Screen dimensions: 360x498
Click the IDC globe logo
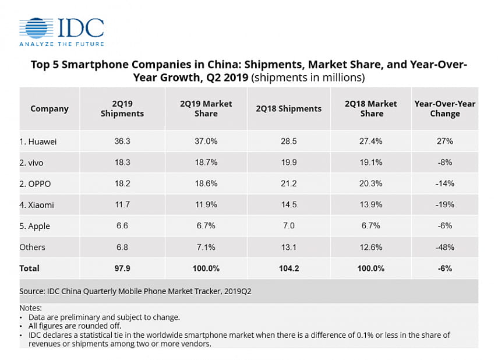[36, 28]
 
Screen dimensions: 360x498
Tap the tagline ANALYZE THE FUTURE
[62, 44]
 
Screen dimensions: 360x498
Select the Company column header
[50, 109]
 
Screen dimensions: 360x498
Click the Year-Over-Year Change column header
[444, 109]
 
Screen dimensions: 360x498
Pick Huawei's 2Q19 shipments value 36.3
[122, 142]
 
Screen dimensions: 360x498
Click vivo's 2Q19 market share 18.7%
[206, 163]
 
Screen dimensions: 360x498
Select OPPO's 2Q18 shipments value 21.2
[288, 183]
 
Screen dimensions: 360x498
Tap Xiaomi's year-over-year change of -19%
[444, 204]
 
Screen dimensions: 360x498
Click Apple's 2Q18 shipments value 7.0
[288, 226]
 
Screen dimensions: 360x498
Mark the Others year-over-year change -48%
[444, 247]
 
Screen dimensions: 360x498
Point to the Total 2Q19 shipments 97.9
[122, 268]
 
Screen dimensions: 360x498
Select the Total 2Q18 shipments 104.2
[288, 268]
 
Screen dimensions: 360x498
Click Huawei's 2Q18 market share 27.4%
[371, 142]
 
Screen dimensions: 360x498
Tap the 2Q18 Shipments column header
[288, 109]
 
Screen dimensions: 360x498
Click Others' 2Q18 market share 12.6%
[371, 247]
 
